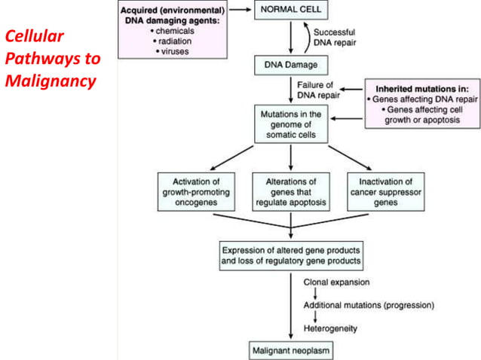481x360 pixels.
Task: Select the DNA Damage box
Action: pyautogui.click(x=290, y=66)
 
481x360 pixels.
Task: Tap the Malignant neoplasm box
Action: pyautogui.click(x=290, y=350)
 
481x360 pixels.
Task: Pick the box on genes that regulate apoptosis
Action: pyautogui.click(x=290, y=192)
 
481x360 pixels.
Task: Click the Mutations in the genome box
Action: pyautogui.click(x=290, y=124)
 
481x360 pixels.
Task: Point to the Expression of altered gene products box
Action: pyautogui.click(x=290, y=256)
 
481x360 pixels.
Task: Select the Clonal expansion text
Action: pyautogui.click(x=336, y=282)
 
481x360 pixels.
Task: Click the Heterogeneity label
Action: pyautogui.click(x=330, y=328)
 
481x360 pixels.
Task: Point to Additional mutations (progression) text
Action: pyautogui.click(x=369, y=305)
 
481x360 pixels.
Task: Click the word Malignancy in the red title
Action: pyautogui.click(x=51, y=80)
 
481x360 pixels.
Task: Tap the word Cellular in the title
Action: pyautogui.click(x=35, y=36)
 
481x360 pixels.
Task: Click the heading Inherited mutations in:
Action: pyautogui.click(x=421, y=87)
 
